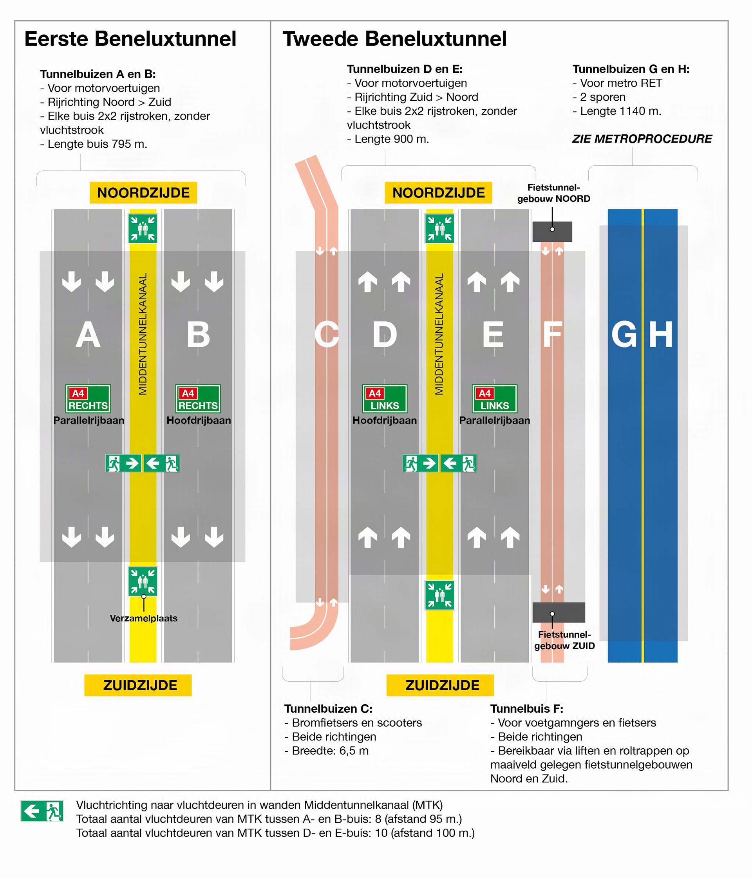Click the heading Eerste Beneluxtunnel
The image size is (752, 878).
coord(130,39)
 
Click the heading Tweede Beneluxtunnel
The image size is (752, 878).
coord(394,39)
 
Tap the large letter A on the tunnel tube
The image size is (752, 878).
coord(88,335)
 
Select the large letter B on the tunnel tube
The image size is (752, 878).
coord(198,335)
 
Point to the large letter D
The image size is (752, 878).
coord(384,335)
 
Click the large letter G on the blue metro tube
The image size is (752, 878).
coord(624,335)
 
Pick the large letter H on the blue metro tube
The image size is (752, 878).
coord(661,335)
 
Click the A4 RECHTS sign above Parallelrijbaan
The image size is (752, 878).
coord(88,398)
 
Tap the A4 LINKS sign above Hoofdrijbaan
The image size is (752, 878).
coord(385,398)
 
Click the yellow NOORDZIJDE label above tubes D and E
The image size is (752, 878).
coord(439,193)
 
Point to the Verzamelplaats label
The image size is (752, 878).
coord(144,618)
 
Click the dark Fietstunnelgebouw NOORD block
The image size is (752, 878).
coord(552,232)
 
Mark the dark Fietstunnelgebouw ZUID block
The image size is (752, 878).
coord(559,612)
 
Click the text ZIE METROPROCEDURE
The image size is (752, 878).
coord(642,139)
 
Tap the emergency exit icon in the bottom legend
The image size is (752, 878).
coord(42,811)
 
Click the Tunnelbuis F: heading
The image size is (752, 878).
coord(527,708)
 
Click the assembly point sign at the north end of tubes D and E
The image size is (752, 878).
coord(439,229)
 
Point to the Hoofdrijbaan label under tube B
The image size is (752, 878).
coord(199,420)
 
